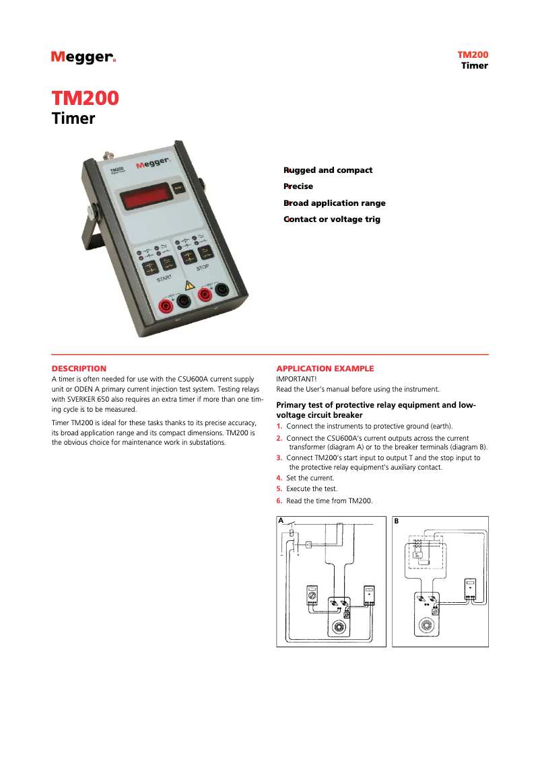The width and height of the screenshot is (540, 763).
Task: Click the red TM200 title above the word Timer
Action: [86, 98]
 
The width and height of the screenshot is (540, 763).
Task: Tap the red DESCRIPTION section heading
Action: [79, 369]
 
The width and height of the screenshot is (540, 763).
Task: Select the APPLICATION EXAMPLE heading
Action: [325, 369]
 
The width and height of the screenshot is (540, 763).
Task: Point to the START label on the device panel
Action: [164, 278]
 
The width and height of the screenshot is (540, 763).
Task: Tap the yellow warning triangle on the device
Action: [190, 286]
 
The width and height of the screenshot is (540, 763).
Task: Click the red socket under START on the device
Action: [165, 307]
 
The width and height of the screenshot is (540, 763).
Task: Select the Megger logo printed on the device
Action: [152, 164]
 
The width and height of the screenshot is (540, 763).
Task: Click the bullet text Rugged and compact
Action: [328, 170]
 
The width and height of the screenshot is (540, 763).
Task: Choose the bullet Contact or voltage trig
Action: [332, 219]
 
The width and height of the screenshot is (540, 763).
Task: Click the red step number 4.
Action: [279, 478]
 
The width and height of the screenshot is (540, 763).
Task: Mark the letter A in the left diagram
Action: [281, 521]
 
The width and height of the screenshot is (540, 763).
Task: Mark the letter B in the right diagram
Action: [397, 521]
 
